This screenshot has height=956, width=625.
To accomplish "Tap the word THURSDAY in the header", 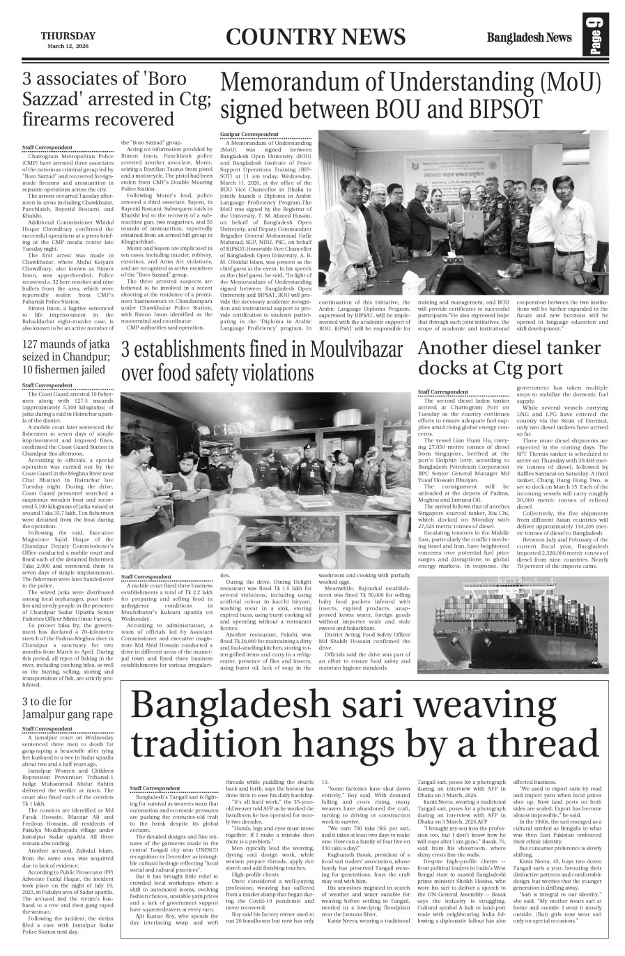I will click(x=68, y=36).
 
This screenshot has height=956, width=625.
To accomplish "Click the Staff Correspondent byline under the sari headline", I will click(x=155, y=788).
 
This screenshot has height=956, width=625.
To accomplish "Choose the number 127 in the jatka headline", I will click(x=33, y=344).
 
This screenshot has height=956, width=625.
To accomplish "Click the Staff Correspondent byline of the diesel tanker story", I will click(x=442, y=392).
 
